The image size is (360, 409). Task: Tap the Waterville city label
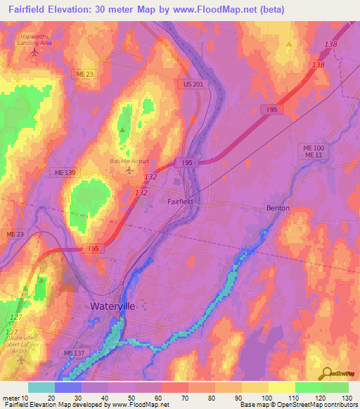coord(112,306)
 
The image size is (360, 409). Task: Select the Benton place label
coord(278,208)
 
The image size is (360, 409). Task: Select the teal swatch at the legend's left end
coord(41,387)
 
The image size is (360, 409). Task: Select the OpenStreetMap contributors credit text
coord(318,405)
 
